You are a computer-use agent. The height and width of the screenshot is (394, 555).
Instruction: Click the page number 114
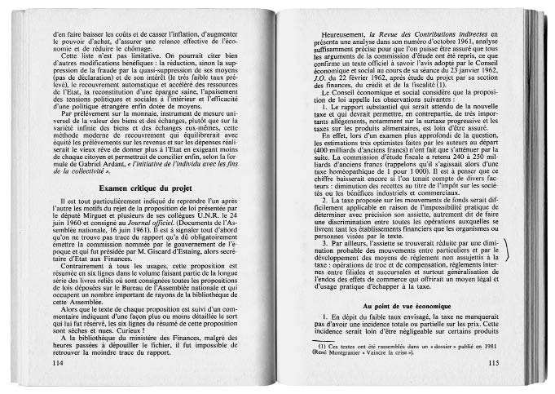tap(56, 362)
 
